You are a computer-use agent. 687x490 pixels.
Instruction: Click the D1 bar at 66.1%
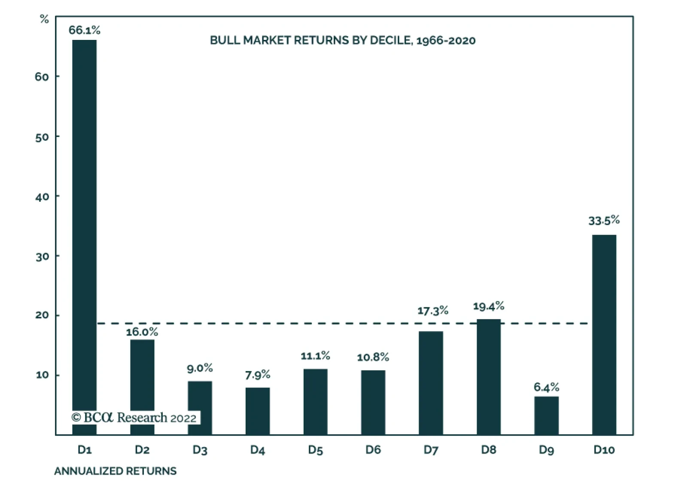[84, 215]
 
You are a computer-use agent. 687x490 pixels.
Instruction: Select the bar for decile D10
[604, 335]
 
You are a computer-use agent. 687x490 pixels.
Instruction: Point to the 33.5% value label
[604, 221]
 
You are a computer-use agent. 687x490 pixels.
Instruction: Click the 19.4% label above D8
[489, 306]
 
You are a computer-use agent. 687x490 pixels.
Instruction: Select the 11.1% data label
[315, 356]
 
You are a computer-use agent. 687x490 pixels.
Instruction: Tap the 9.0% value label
[200, 368]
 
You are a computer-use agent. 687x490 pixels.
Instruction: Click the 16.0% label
[142, 332]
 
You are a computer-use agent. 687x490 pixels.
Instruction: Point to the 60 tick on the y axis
[42, 77]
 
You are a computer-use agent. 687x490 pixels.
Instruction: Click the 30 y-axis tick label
[42, 257]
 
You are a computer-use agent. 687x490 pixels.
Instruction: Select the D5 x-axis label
[315, 450]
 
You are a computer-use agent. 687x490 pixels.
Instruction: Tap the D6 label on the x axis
[373, 450]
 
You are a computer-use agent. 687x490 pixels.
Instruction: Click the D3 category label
[200, 450]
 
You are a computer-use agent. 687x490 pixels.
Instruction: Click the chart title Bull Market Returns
[342, 40]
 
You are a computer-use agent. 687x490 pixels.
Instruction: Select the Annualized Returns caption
[115, 471]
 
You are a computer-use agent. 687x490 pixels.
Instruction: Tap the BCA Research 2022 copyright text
[134, 417]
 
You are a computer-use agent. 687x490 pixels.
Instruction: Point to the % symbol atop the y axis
[44, 19]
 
